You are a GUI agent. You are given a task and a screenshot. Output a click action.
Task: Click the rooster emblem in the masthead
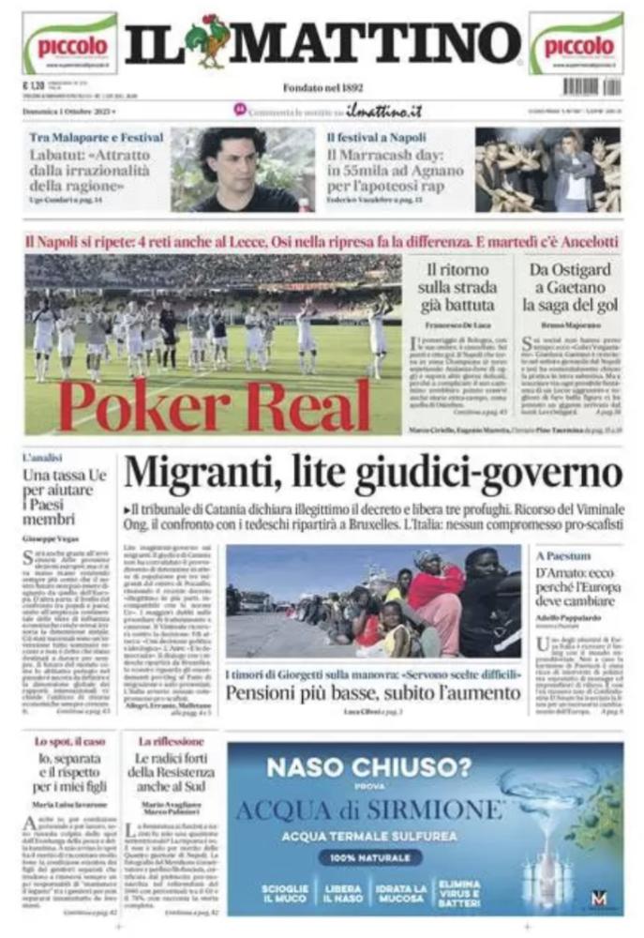click(207, 41)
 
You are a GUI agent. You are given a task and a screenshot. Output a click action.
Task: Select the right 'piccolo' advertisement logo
click(576, 44)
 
